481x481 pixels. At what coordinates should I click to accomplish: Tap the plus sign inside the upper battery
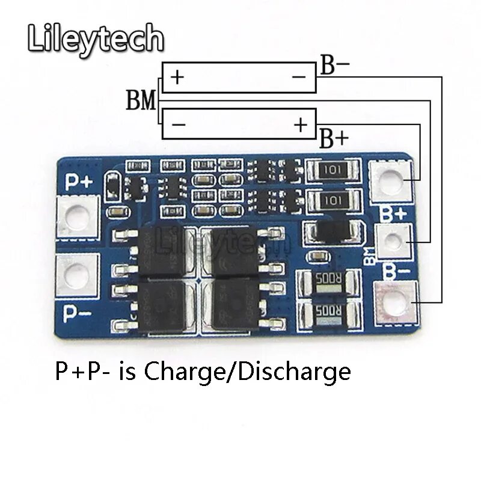[177, 78]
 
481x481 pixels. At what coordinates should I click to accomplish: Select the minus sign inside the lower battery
[178, 124]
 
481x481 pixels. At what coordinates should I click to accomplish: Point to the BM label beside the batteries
[141, 100]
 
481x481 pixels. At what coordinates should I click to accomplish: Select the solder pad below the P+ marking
[77, 217]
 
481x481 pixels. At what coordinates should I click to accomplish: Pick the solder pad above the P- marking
[77, 274]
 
